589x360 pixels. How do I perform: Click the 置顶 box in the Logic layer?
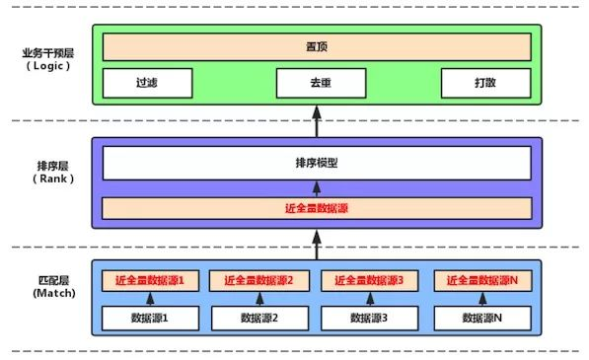point(317,46)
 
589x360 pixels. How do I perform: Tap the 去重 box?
point(317,82)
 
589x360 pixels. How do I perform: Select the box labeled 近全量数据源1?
point(150,280)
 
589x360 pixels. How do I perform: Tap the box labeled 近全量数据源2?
point(260,280)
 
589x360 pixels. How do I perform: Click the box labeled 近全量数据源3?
point(371,280)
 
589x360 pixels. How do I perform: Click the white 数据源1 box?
point(150,318)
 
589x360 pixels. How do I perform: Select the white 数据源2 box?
point(260,318)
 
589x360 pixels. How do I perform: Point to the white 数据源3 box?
point(371,318)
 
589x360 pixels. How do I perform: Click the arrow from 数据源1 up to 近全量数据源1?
point(150,298)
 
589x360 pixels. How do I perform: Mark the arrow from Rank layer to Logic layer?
point(317,120)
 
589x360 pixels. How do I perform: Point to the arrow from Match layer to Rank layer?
point(317,238)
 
